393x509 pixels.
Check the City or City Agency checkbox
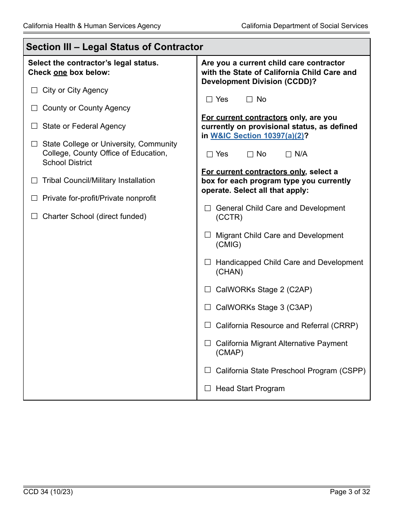tap(34, 90)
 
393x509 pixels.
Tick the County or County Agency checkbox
tap(34, 108)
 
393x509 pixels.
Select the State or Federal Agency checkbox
tap(34, 126)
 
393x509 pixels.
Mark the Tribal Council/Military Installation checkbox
tap(34, 180)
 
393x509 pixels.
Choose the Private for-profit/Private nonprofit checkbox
tap(34, 198)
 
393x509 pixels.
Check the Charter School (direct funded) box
tap(34, 216)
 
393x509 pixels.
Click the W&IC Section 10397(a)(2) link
tap(257, 136)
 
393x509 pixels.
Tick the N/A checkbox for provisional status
tap(289, 154)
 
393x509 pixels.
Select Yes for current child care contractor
tap(209, 99)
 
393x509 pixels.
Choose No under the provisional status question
tap(250, 154)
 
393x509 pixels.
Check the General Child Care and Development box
tap(208, 208)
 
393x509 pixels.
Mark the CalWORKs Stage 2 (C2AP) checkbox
tap(208, 290)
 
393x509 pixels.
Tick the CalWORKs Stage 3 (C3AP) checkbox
tap(208, 307)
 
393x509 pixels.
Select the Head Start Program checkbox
tap(208, 389)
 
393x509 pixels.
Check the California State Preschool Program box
tap(208, 370)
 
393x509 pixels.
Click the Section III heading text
tap(115, 47)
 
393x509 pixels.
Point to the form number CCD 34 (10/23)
tap(48, 492)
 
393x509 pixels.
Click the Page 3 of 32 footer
tap(350, 492)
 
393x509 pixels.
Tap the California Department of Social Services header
tap(304, 26)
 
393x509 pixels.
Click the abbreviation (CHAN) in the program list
tap(229, 272)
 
